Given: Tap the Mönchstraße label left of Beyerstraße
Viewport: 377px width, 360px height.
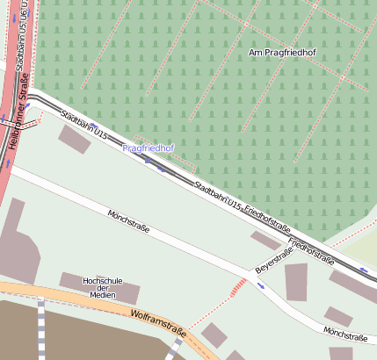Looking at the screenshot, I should (x=128, y=223).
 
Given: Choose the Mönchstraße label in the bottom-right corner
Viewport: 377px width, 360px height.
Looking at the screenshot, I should (x=344, y=334).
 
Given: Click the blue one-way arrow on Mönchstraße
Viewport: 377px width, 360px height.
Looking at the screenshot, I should (x=260, y=285).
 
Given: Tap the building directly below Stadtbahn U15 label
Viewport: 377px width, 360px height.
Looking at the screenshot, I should (x=74, y=139).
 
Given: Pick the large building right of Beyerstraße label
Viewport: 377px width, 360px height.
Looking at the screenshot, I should (x=296, y=281).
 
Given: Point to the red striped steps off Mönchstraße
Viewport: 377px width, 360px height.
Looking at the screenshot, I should (x=236, y=287).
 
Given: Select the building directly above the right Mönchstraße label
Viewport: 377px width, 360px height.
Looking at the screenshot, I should (x=337, y=316).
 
